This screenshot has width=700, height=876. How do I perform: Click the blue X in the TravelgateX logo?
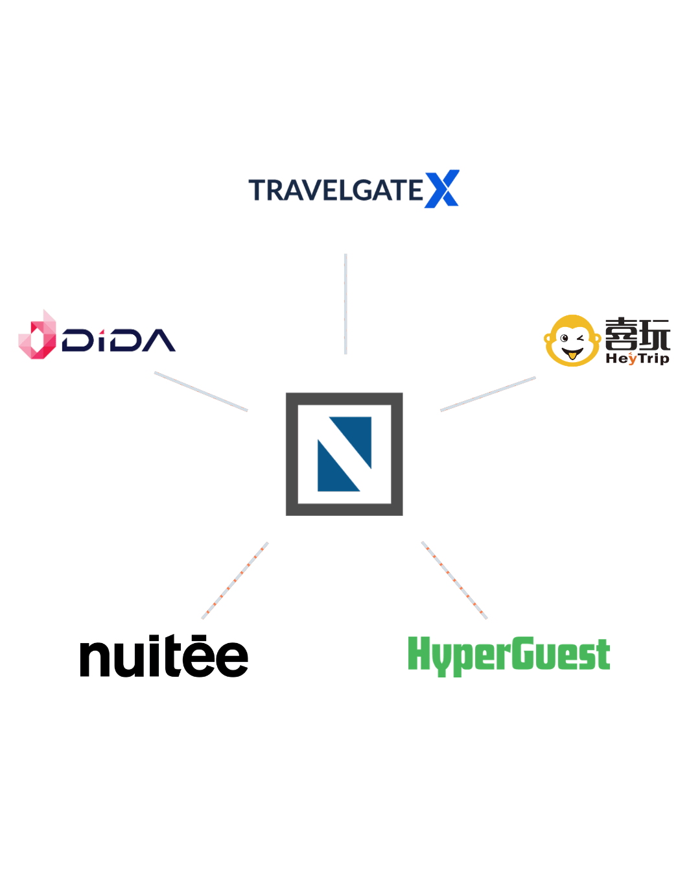point(442,189)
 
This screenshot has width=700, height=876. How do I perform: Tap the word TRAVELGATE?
point(336,189)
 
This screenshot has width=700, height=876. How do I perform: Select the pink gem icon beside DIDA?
point(38,334)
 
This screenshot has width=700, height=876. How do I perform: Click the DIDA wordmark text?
point(119,340)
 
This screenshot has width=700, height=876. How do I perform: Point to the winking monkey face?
point(572,340)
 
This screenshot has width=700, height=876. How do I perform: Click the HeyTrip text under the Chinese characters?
point(637,358)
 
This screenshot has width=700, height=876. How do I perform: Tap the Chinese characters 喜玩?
point(637,335)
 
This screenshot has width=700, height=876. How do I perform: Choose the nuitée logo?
point(164,655)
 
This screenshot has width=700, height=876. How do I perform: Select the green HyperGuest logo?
point(509,656)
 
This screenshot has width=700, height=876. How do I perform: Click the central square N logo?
point(344,454)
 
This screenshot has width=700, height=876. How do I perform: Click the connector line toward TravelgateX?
point(345,304)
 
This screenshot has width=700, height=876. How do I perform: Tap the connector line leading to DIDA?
point(201,391)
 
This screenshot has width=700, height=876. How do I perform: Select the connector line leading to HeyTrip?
point(487,394)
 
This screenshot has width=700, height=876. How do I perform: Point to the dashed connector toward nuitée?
point(235,581)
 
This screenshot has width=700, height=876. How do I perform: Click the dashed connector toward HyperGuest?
point(454,580)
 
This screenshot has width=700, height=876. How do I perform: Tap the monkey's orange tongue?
point(572,355)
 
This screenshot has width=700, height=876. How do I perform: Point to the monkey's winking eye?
point(580,338)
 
